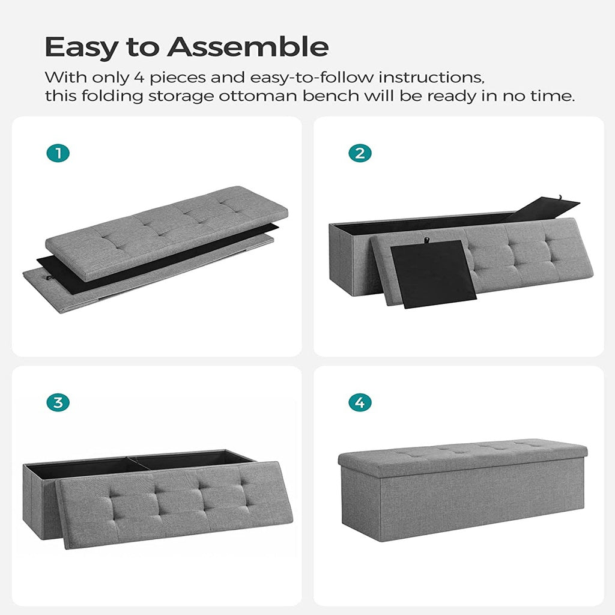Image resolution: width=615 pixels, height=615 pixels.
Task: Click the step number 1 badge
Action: (58, 153)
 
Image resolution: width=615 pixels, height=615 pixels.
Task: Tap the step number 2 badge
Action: (360, 153)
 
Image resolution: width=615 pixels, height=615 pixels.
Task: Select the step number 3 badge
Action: (58, 402)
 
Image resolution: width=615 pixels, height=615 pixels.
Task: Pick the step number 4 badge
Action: (360, 402)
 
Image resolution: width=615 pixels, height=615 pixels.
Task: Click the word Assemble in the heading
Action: (247, 47)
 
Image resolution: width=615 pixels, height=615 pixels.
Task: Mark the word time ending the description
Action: (553, 97)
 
